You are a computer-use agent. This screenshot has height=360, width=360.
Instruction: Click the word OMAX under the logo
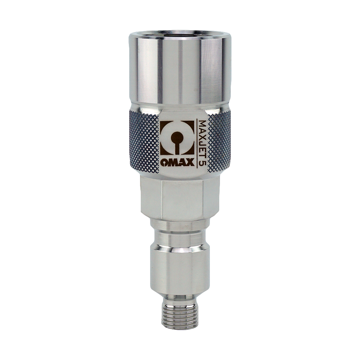[x=177, y=162]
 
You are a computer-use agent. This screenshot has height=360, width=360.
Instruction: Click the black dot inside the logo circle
[x=177, y=138]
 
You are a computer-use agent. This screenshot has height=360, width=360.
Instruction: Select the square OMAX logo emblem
[x=177, y=138]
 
